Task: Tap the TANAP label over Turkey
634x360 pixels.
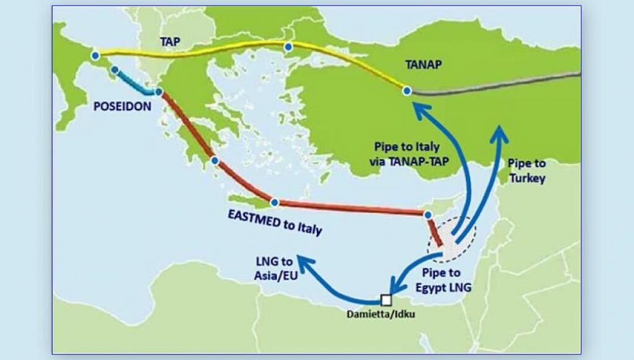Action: (423, 64)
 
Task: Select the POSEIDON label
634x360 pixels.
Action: (122, 107)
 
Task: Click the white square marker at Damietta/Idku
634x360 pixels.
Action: (387, 300)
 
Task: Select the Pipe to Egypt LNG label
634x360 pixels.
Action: (443, 281)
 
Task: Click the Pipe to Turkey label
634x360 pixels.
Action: (526, 171)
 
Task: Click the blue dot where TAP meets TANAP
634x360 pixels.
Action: (288, 47)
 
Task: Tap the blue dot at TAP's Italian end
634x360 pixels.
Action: (95, 56)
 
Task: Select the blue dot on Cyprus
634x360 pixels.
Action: (427, 215)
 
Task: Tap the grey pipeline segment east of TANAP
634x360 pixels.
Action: (495, 85)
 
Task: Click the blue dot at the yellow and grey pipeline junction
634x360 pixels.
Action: (407, 91)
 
